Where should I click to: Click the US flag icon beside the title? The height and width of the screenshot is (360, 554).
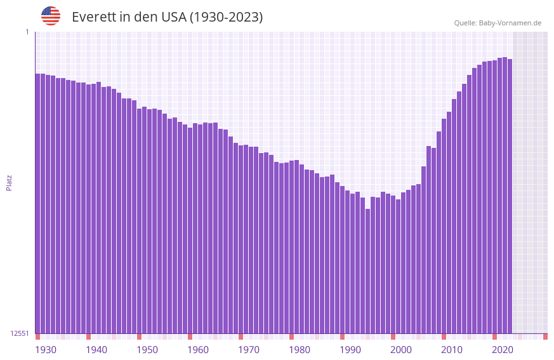(51, 16)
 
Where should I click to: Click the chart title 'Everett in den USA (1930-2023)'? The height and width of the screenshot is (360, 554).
(167, 17)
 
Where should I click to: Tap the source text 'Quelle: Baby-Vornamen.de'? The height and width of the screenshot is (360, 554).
(498, 23)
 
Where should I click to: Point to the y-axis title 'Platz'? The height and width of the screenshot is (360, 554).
(9, 182)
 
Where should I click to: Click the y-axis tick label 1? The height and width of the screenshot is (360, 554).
(27, 32)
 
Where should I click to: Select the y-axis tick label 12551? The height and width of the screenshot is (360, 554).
(19, 333)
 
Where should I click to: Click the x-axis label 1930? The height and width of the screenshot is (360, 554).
(46, 350)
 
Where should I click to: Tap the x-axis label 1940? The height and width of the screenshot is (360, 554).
(96, 350)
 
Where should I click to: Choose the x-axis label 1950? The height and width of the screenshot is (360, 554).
(147, 350)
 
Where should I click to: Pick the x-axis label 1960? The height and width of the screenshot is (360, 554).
(198, 350)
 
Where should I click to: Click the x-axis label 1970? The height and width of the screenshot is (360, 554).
(249, 350)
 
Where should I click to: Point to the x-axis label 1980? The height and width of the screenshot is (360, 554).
(300, 350)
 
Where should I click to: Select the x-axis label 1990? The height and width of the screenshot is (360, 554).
(350, 350)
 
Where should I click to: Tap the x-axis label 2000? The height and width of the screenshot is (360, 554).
(401, 350)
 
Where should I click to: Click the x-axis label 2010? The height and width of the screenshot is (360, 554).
(452, 350)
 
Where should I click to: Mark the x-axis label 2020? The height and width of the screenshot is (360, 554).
(503, 350)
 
